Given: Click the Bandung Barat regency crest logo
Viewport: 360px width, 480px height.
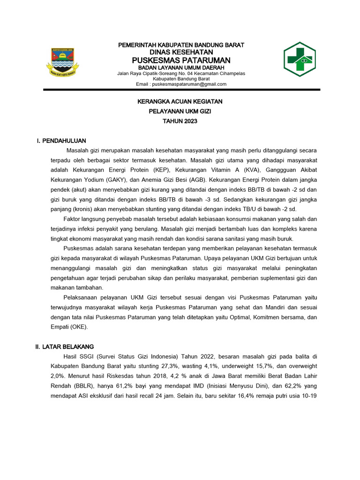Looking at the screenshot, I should point(65,61).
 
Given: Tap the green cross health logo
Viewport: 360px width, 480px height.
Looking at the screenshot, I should point(302,60).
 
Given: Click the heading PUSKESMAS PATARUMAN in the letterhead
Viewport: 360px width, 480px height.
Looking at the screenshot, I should point(180,60).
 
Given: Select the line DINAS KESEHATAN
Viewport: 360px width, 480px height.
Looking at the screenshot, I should point(180,52).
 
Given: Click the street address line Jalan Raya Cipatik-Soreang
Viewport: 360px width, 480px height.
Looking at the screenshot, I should point(180,74).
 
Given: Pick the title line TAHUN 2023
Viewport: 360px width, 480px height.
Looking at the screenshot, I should point(180,121).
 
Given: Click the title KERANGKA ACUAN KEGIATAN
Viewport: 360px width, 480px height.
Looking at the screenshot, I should point(180,101).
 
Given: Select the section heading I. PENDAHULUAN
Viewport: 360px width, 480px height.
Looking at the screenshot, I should point(61,141).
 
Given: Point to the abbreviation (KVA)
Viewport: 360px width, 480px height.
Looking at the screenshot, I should point(240,170).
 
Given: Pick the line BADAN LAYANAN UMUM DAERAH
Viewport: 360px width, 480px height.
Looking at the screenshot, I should point(180,67).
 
